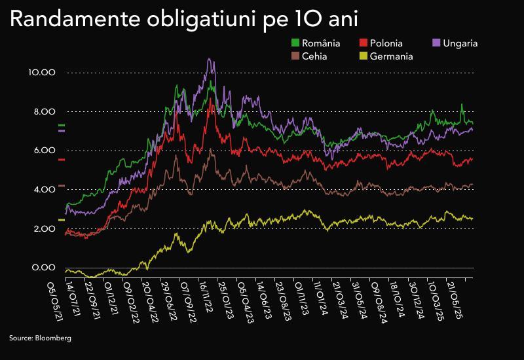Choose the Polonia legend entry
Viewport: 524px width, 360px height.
click(x=386, y=43)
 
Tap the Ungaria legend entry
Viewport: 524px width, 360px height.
click(x=460, y=43)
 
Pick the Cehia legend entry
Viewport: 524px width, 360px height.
click(x=314, y=56)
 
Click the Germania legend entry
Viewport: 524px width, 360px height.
click(x=391, y=56)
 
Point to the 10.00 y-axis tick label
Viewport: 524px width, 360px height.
click(x=43, y=72)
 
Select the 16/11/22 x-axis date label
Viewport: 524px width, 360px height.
click(x=205, y=296)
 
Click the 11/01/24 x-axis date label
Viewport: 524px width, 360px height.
click(x=318, y=296)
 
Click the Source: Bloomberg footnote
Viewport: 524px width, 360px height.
click(x=40, y=338)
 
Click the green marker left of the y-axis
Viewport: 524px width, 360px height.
click(x=62, y=125)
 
